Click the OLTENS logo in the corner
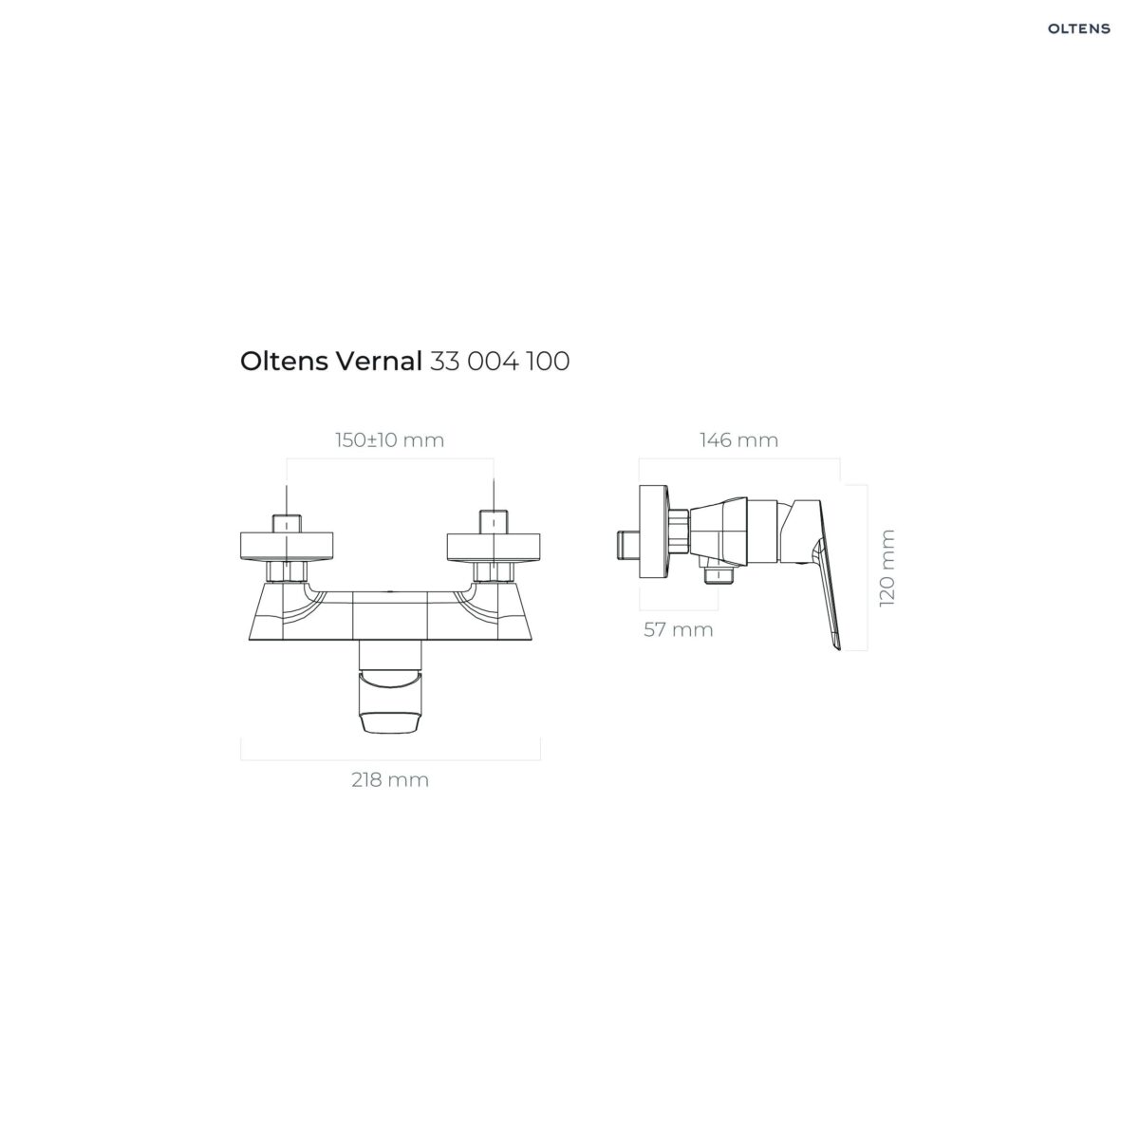pyautogui.click(x=1078, y=28)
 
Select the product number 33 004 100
pyautogui.click(x=499, y=361)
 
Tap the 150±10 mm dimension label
pyautogui.click(x=389, y=440)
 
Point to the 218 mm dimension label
pyautogui.click(x=389, y=779)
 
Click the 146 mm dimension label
pyautogui.click(x=738, y=439)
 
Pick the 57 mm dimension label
pyautogui.click(x=678, y=629)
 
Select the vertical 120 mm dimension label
pyautogui.click(x=887, y=568)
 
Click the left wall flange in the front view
pyautogui.click(x=287, y=547)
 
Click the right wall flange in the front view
pyautogui.click(x=494, y=547)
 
